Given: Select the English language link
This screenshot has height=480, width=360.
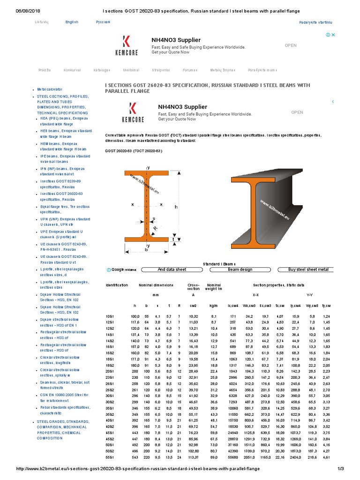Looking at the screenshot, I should tap(72, 22).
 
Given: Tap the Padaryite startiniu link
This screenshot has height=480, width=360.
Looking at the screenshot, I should tap(315, 22).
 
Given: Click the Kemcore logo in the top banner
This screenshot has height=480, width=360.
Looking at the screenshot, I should tap(126, 45).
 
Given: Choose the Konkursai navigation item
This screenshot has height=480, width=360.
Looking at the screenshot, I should tap(72, 70).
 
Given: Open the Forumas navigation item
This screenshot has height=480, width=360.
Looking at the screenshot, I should tap(190, 70).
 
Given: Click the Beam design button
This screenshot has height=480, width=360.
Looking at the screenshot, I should tap(240, 270).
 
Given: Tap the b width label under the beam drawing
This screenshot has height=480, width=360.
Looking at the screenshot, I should tap(146, 250).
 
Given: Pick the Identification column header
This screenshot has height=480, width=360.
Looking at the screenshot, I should tap(117, 285).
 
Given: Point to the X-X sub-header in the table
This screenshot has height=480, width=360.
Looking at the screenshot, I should tap(255, 295).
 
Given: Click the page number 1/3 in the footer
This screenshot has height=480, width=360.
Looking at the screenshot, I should tap(351, 469).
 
